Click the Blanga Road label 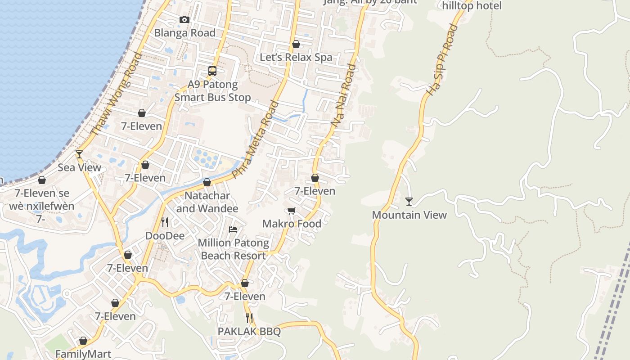point(184,33)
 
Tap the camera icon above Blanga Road point(184,19)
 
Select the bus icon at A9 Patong point(212,71)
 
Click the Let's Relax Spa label point(296,58)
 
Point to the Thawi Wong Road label point(116,94)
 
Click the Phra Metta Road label point(256,139)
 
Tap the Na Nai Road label point(343,95)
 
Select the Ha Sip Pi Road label point(442,60)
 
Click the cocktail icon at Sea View point(79,154)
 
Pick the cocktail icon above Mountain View point(409,201)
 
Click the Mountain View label point(409,215)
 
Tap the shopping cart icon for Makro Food point(292,211)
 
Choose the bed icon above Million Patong point(233,229)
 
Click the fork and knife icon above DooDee point(165,222)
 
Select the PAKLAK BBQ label point(249,332)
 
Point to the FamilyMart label point(83,354)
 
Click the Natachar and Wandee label point(207,202)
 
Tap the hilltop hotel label point(472,6)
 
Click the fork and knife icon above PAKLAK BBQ point(249,318)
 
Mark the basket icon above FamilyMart point(83,341)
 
